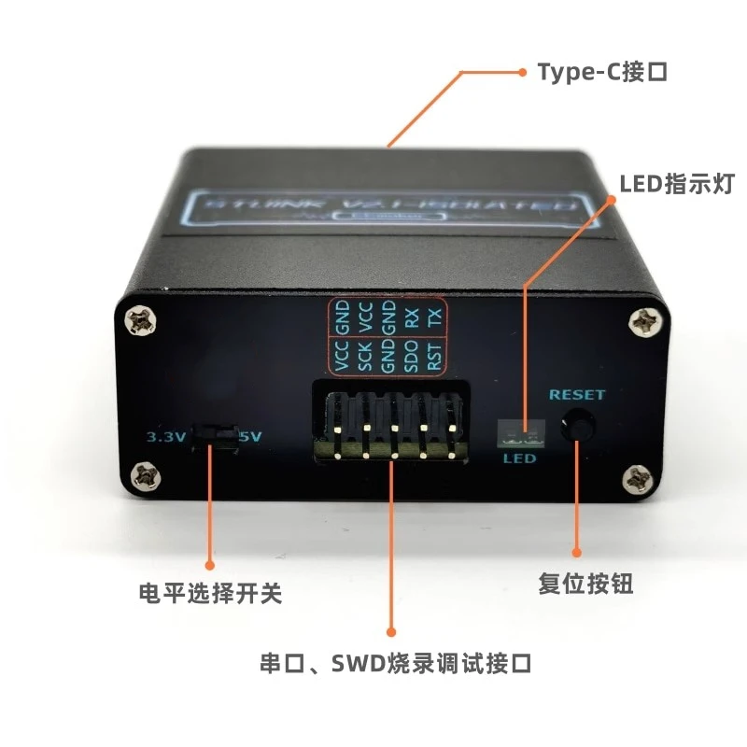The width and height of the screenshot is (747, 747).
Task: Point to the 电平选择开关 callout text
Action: (209, 593)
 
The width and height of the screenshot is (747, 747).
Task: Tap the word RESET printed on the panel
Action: (576, 394)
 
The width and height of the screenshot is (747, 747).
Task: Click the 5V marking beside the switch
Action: (251, 436)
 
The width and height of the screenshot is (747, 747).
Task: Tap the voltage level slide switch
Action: (215, 435)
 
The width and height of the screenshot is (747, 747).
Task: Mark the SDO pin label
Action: (411, 356)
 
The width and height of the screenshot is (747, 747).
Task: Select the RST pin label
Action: (434, 356)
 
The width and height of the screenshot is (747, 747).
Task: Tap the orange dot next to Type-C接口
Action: (522, 71)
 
